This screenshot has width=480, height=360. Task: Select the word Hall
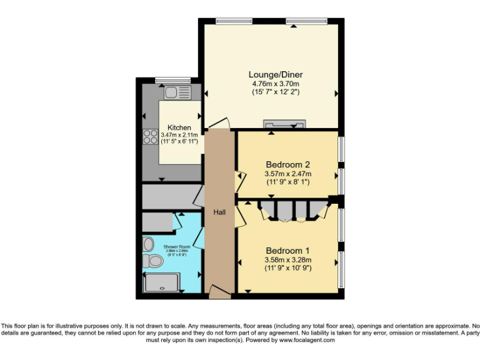[x=219, y=212]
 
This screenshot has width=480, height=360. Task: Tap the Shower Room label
[x=175, y=247]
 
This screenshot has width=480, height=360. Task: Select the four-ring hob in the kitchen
[x=150, y=136]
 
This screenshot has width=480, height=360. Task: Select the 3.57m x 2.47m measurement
[x=288, y=174]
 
